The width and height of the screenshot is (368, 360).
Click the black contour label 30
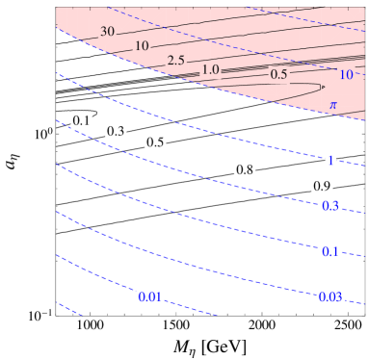(x=108, y=32)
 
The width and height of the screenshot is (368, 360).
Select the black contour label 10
(x=143, y=46)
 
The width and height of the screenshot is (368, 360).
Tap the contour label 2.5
(x=175, y=62)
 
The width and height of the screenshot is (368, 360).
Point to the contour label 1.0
(x=212, y=69)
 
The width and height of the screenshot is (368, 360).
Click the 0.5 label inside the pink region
(x=280, y=74)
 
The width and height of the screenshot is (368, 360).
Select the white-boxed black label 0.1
(x=83, y=121)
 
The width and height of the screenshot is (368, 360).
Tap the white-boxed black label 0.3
(x=115, y=131)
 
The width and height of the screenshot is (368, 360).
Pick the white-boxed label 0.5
(x=155, y=142)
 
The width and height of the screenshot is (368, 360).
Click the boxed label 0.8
(x=245, y=169)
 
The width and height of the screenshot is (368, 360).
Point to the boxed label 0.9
(x=321, y=185)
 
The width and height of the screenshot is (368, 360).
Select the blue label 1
(x=330, y=161)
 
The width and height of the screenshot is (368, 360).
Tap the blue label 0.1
(x=329, y=252)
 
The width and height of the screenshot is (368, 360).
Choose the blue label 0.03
(x=330, y=296)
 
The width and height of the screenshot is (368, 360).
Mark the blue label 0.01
(x=149, y=296)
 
